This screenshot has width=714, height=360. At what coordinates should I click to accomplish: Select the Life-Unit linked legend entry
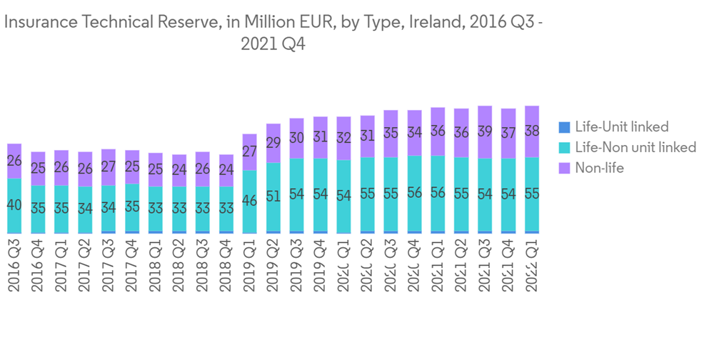click(622, 127)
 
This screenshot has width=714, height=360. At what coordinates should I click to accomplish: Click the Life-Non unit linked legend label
click(635, 148)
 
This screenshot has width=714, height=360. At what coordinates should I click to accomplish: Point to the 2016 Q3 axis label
click(14, 266)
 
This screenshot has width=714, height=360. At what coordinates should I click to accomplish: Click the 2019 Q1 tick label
click(250, 266)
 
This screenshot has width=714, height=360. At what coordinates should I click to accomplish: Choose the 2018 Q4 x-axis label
click(226, 266)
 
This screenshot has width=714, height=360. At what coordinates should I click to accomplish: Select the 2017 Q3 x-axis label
click(109, 266)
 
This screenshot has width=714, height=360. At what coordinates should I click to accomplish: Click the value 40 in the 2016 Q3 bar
click(14, 205)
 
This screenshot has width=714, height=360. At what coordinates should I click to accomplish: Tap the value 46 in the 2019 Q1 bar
click(250, 201)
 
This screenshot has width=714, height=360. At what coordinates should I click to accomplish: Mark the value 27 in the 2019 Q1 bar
click(250, 151)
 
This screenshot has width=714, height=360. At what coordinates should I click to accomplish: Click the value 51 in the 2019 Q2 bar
click(273, 196)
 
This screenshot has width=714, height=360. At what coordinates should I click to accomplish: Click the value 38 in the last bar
click(532, 131)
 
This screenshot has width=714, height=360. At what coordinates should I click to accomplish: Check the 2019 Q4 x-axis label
click(321, 266)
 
